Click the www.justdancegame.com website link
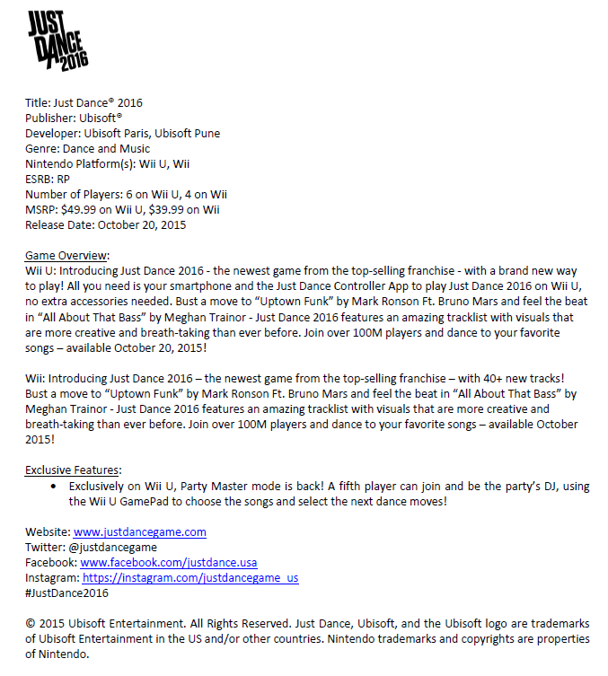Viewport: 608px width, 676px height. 139,532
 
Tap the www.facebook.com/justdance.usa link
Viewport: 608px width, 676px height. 168,563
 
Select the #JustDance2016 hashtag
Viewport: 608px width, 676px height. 66,593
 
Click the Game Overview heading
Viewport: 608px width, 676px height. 67,255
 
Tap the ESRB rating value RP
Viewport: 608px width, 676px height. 62,179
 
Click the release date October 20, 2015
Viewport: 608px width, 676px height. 141,225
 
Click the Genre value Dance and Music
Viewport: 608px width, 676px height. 108,148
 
